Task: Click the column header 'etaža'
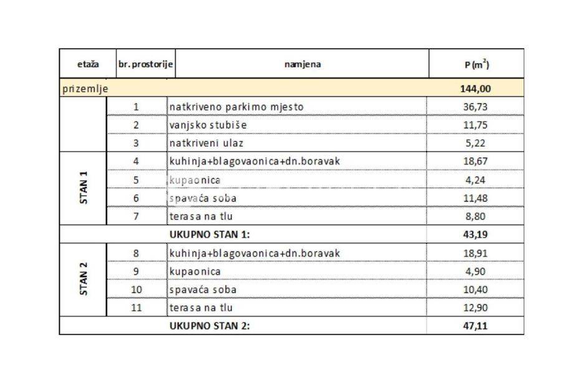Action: [x=88, y=64]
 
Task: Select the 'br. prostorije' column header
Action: [x=145, y=64]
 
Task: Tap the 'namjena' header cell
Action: [x=302, y=64]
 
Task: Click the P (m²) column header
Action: [x=477, y=64]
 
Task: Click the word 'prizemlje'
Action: [x=85, y=89]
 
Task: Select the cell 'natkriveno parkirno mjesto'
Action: [x=236, y=107]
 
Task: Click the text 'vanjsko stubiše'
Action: [x=208, y=125]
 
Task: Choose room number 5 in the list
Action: [x=136, y=180]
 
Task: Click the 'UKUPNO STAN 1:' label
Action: [x=210, y=235]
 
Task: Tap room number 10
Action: [x=137, y=290]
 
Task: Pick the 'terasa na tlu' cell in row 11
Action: [x=201, y=308]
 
